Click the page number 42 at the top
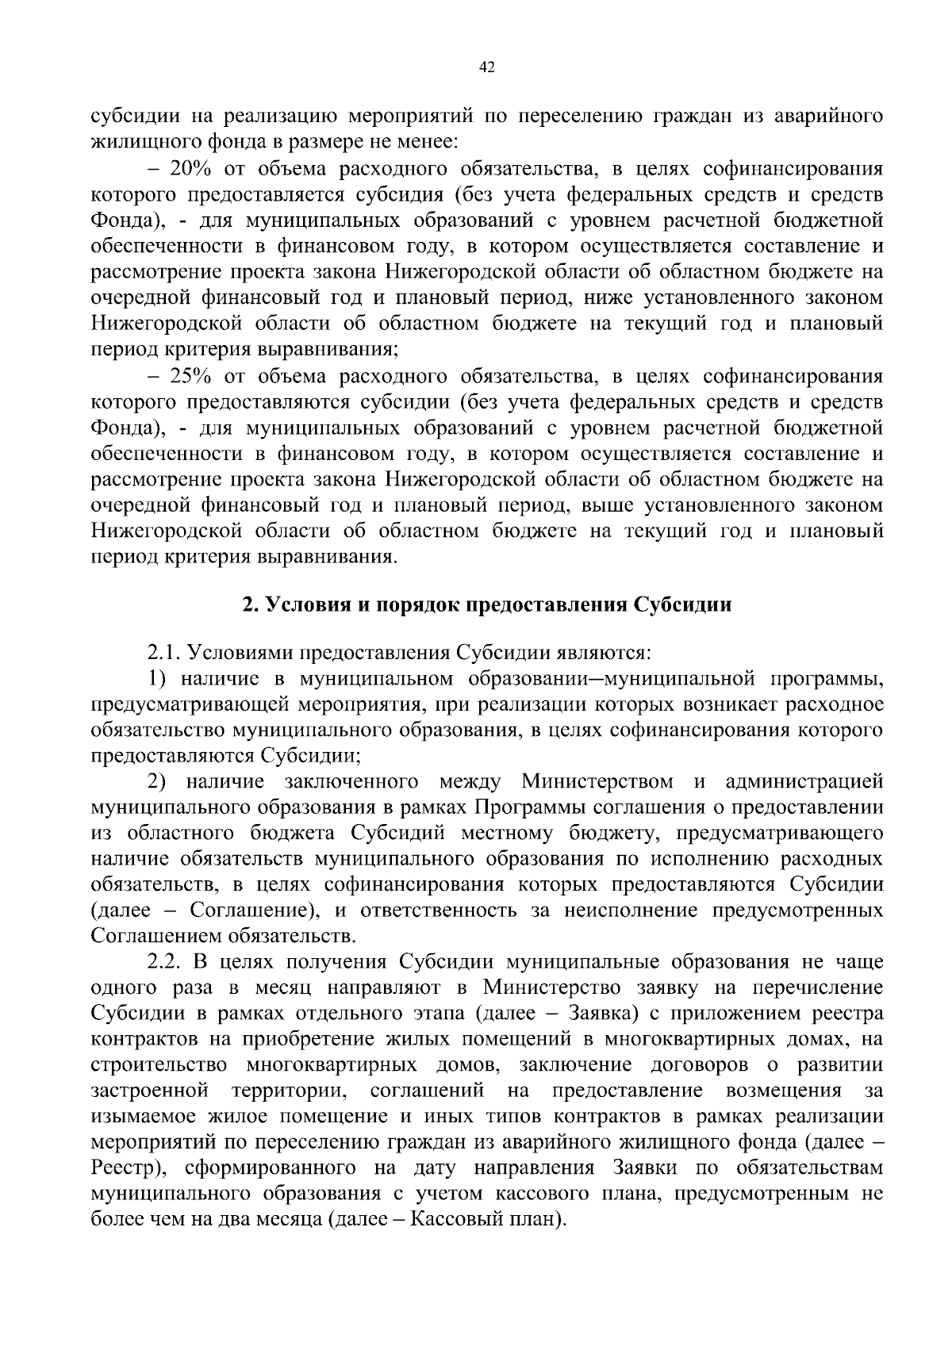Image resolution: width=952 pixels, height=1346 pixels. pos(488,68)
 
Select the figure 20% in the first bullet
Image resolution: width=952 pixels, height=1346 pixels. pos(185,169)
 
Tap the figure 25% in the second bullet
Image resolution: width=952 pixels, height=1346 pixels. pos(185,376)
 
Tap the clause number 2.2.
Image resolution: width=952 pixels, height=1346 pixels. pos(164,963)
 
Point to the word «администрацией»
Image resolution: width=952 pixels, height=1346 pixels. pos(804,782)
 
